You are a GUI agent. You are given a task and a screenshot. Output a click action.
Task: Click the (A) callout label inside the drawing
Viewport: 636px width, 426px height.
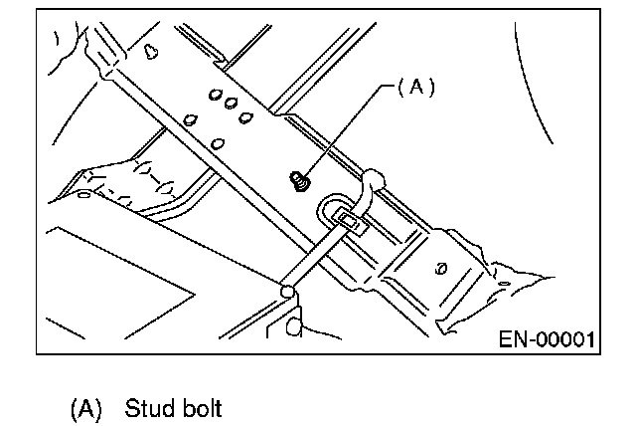click(416, 87)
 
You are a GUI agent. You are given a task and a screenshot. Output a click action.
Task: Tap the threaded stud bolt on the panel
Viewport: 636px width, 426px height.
click(300, 181)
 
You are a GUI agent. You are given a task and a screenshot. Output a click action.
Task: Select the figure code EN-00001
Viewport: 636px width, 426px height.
click(547, 339)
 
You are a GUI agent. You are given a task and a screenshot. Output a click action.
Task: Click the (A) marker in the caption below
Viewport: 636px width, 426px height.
click(86, 409)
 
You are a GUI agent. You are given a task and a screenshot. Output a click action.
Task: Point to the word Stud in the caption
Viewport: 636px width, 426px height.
click(148, 408)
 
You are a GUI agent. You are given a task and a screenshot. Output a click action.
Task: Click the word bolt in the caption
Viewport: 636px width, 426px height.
click(202, 408)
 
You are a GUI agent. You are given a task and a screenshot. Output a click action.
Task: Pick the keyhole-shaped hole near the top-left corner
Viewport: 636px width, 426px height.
click(151, 52)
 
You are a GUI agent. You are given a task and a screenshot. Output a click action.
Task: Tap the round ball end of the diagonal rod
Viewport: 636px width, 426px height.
click(287, 292)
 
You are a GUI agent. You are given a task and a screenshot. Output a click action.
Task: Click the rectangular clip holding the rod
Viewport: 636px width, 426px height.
click(350, 222)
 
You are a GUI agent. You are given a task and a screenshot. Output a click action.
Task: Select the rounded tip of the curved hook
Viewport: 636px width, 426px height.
click(374, 177)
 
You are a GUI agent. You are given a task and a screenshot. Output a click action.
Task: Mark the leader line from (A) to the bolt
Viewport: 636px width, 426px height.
click(346, 130)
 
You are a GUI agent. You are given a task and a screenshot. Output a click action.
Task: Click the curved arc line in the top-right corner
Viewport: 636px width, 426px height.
click(530, 84)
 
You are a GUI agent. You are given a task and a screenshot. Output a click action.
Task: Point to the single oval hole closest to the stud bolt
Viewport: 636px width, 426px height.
click(218, 143)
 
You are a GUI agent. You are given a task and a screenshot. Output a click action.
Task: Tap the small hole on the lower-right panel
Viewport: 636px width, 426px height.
click(441, 269)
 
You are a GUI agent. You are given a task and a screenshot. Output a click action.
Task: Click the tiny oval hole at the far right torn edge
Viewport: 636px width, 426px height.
click(504, 283)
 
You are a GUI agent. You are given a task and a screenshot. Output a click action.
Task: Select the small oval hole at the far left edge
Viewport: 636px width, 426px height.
click(83, 194)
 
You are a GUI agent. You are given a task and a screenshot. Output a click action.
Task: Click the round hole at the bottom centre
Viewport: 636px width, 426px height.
click(294, 326)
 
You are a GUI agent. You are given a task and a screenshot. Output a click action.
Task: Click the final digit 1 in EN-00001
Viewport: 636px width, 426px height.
click(590, 339)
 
